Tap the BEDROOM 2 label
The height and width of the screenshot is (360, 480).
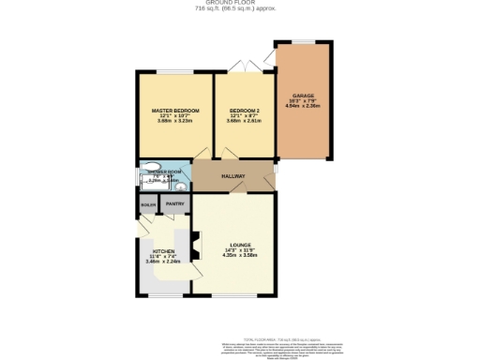click(243, 110)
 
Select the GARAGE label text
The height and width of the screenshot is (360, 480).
click(302, 96)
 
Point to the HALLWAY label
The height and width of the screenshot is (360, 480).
click(233, 176)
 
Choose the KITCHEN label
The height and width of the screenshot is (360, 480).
click(165, 251)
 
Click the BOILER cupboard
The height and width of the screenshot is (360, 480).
click(148, 204)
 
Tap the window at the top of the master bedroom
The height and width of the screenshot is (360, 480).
click(174, 72)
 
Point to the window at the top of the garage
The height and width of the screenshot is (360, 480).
click(302, 40)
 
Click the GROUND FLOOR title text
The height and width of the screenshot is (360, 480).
click(239, 3)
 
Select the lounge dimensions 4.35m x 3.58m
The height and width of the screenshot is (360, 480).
click(235, 256)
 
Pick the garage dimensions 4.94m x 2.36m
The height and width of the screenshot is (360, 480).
click(302, 107)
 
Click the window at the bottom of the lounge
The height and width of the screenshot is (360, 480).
click(233, 297)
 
